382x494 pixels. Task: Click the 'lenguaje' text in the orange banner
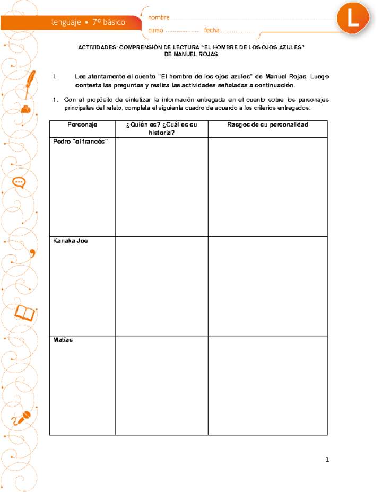point(66,23)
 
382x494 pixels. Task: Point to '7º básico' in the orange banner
point(109,23)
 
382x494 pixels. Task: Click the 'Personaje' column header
point(82,125)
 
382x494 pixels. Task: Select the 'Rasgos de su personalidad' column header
point(267,125)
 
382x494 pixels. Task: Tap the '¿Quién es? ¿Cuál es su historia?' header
point(161,129)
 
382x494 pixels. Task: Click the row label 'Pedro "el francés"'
point(81,142)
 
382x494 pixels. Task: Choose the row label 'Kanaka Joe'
point(70,241)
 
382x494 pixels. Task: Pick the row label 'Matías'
point(63,340)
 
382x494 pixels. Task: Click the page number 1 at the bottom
point(327,460)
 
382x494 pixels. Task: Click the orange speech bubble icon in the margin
point(20,182)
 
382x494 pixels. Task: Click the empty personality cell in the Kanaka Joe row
point(267,286)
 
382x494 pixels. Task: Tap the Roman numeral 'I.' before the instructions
point(55,77)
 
